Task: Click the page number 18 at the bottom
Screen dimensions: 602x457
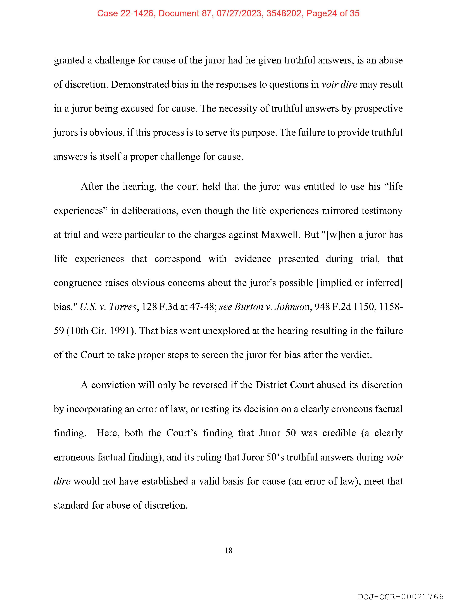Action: [x=229, y=550]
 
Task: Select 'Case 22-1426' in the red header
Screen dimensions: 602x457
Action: [x=125, y=13]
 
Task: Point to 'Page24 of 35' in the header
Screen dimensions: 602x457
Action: [x=333, y=13]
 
